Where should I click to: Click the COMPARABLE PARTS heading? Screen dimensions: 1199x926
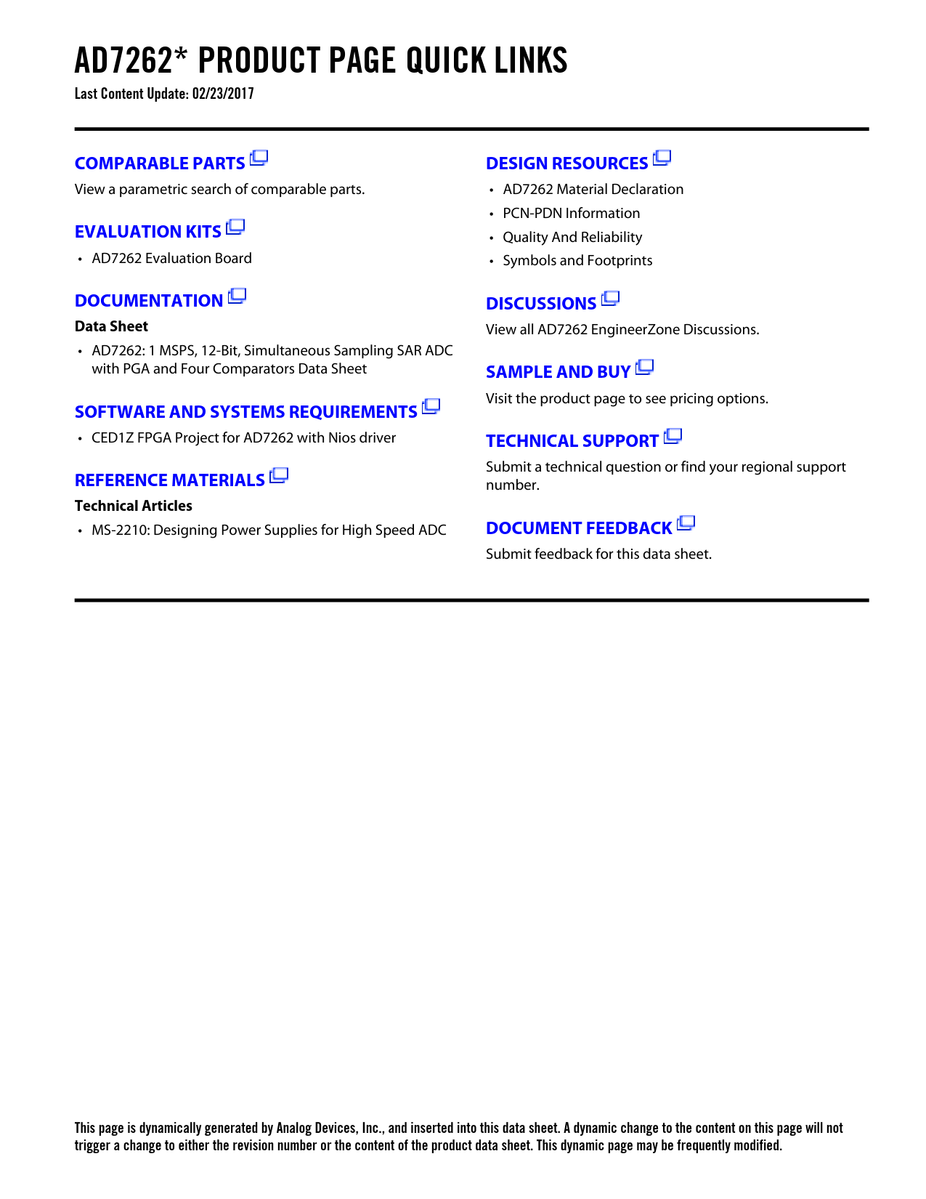click(160, 163)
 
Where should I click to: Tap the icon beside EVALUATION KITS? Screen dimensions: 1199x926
click(235, 227)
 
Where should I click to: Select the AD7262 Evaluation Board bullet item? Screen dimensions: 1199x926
click(171, 259)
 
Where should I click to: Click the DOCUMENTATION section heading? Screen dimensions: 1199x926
click(149, 301)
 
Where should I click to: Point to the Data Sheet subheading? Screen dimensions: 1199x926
click(111, 326)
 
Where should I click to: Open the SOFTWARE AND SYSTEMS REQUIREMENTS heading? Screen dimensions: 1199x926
click(245, 412)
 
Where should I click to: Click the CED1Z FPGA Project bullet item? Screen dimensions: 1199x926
click(243, 438)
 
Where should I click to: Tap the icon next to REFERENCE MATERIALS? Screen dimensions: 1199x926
click(279, 476)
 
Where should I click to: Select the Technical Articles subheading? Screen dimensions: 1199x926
click(134, 506)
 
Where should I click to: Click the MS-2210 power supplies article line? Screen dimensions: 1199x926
click(269, 530)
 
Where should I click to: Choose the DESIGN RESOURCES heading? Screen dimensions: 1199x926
click(566, 163)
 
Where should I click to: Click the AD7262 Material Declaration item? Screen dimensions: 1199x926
click(593, 190)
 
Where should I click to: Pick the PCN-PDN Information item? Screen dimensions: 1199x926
click(571, 214)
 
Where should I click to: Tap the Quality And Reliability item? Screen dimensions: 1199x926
click(572, 238)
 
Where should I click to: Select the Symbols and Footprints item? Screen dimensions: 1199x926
click(577, 261)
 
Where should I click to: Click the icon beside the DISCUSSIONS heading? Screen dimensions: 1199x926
click(611, 299)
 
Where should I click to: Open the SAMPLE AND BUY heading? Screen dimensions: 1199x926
click(558, 372)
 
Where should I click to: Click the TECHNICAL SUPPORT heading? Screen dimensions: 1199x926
click(572, 441)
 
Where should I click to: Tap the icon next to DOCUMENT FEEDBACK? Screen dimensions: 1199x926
click(686, 523)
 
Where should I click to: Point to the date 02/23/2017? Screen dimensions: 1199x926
click(223, 94)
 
